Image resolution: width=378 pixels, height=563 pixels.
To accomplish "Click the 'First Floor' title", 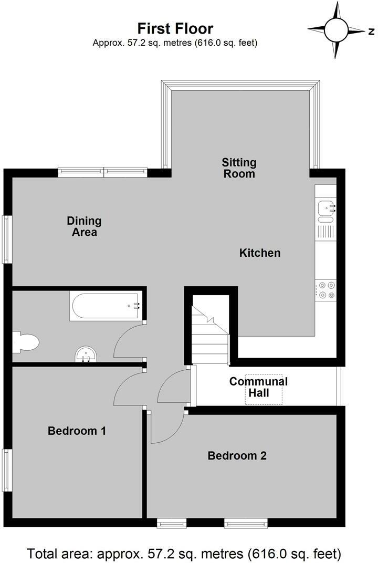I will (175, 28).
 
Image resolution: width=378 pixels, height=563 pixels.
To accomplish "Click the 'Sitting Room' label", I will (239, 168).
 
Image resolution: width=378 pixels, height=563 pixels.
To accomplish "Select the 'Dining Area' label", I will (84, 226).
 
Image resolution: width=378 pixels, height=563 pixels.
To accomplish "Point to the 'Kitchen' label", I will (260, 253).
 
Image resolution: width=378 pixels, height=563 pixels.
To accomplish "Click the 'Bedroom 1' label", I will (77, 431).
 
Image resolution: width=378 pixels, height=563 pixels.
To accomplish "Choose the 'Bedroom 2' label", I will (237, 455).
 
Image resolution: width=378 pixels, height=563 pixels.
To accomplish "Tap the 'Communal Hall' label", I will (258, 387).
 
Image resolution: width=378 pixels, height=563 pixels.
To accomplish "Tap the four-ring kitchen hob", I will (325, 290).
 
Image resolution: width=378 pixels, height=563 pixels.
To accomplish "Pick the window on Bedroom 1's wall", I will (7, 469).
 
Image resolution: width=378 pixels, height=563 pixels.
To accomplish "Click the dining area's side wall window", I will (7, 239).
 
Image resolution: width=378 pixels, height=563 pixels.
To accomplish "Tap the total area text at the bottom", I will (184, 553).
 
